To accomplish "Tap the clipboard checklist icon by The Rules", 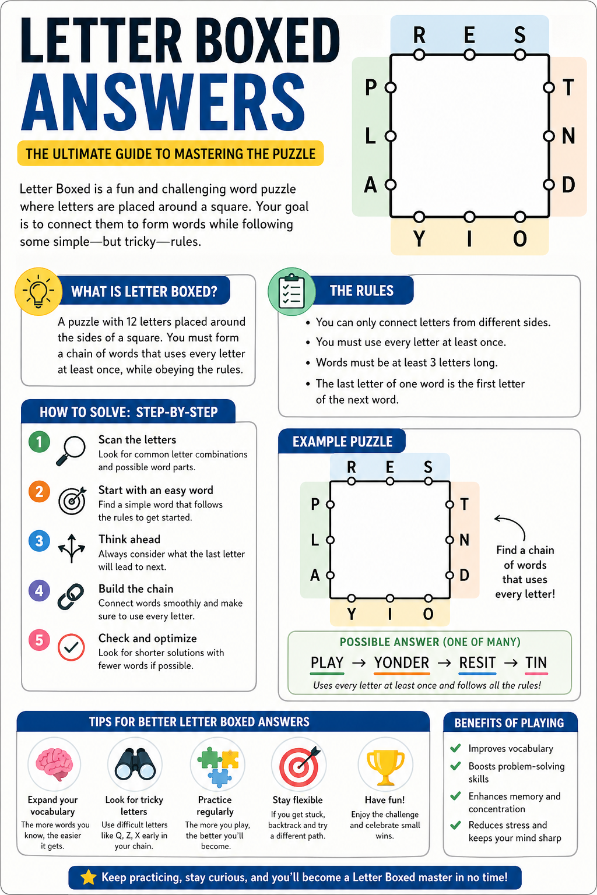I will click(291, 291).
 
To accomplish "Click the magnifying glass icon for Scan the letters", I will click(71, 450).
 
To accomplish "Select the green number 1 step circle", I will click(39, 442).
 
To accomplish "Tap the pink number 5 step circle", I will click(39, 640).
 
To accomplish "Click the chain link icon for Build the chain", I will click(71, 597).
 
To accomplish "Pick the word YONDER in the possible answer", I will click(402, 663).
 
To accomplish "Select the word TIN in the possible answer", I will click(536, 663).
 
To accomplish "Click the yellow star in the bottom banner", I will click(88, 878).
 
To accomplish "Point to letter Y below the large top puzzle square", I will click(419, 239).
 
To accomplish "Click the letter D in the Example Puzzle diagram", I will click(464, 576).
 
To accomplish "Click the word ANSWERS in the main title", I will click(163, 104).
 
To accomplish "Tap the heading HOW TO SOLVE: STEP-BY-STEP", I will click(128, 413).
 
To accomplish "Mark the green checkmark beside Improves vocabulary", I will click(456, 748).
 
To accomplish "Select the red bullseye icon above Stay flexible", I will click(299, 764).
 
